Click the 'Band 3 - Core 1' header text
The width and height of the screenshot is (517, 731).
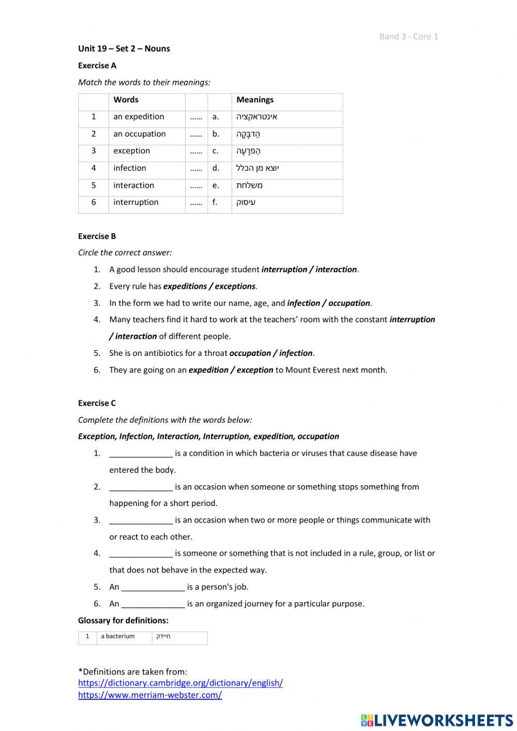tap(408, 36)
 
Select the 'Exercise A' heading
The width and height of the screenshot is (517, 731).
tap(97, 66)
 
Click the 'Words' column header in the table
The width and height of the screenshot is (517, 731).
tap(126, 100)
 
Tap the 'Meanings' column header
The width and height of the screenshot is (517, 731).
tap(255, 100)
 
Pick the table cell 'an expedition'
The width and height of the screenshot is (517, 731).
tap(139, 117)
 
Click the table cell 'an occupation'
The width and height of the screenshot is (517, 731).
tap(140, 134)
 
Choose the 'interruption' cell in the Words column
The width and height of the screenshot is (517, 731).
tap(136, 202)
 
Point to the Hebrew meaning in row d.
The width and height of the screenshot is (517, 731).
tap(257, 168)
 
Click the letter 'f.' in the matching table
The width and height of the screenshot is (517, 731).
tap(215, 202)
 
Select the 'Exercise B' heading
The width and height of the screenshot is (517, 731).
tap(97, 236)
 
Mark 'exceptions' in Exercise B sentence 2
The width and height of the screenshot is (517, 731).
tap(235, 286)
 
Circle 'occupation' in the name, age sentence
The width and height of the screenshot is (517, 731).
tap(349, 303)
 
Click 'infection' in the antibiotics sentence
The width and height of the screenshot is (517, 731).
tap(296, 353)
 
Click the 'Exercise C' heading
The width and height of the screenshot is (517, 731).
tap(97, 403)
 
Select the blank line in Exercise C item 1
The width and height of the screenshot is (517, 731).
tap(141, 454)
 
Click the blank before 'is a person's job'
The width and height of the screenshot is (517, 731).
tap(153, 587)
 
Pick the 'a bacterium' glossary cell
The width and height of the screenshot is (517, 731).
tap(118, 637)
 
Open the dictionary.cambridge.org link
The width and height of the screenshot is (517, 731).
tap(180, 683)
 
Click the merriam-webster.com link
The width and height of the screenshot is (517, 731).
tap(150, 695)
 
